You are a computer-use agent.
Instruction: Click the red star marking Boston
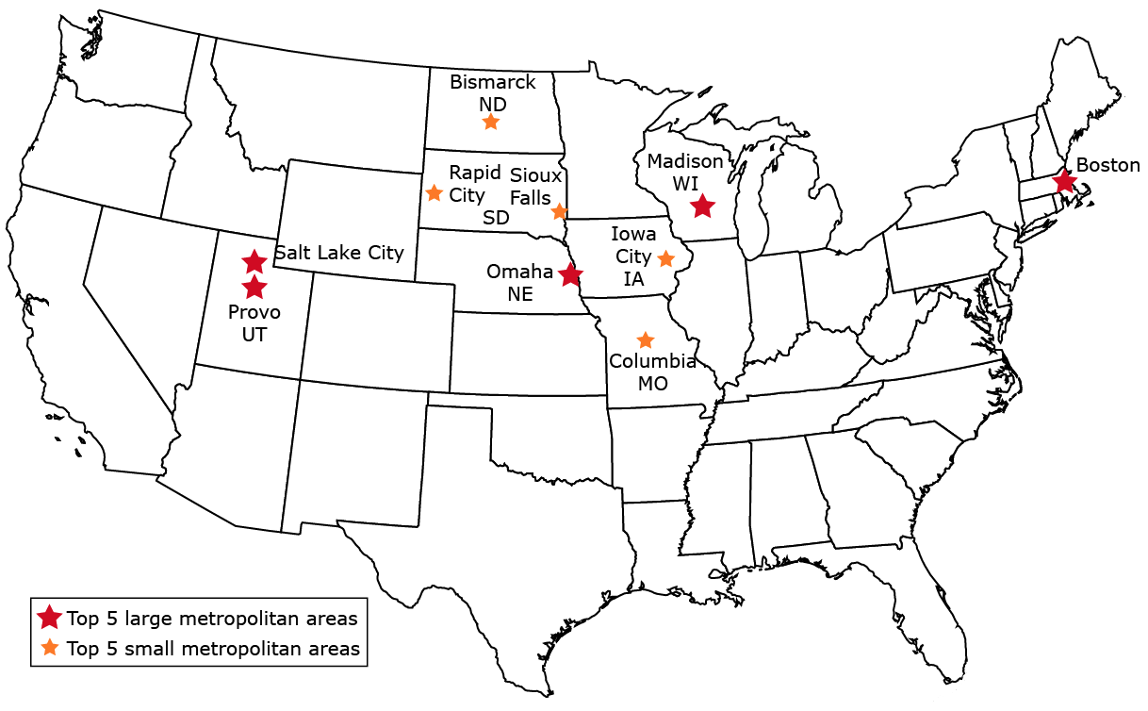click(1064, 181)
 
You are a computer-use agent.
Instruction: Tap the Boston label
click(1108, 165)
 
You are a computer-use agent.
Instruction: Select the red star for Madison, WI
click(702, 206)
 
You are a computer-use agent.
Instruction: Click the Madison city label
click(685, 161)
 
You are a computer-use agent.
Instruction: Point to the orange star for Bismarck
click(490, 122)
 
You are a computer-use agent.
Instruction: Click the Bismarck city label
click(492, 82)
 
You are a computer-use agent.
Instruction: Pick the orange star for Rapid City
click(434, 193)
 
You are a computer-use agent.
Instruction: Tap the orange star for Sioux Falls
click(559, 211)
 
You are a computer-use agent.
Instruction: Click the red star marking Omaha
click(569, 275)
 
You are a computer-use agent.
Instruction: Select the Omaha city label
click(519, 272)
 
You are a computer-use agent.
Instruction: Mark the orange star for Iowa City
click(665, 258)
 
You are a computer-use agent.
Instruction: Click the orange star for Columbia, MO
click(645, 339)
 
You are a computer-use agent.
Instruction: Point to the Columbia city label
click(652, 361)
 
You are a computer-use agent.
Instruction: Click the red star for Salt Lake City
click(254, 262)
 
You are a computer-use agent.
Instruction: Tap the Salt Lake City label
click(338, 253)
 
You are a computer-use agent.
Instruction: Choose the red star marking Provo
click(254, 287)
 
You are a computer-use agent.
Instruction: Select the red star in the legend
click(49, 619)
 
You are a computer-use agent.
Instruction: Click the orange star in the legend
click(49, 648)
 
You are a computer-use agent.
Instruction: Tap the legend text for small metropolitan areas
click(213, 649)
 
